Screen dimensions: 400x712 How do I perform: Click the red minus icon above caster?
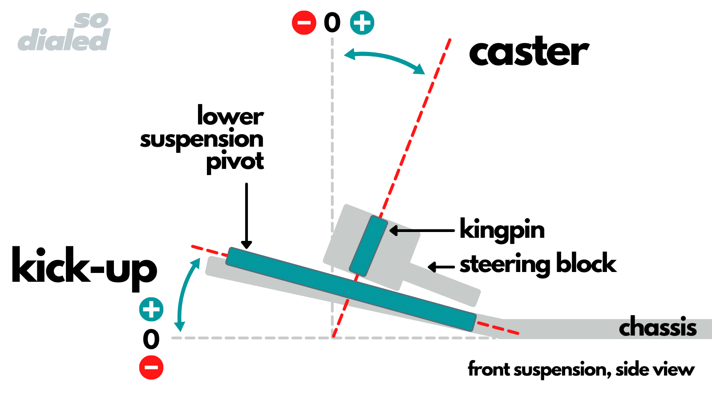(304, 23)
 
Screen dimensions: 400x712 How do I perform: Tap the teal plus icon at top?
(362, 23)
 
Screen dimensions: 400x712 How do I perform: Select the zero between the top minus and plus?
(332, 23)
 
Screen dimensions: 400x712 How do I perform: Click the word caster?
(529, 52)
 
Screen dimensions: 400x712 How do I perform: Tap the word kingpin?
(502, 230)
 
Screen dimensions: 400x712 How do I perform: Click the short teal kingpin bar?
(368, 246)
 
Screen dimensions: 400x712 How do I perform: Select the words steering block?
(538, 264)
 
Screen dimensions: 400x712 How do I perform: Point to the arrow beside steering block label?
(441, 267)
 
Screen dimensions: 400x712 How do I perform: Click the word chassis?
(658, 328)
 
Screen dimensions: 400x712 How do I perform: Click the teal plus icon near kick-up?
(151, 309)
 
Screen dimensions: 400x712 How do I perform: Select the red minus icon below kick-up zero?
(151, 368)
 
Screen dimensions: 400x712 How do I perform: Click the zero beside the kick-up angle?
(151, 340)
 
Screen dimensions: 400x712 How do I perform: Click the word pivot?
(235, 161)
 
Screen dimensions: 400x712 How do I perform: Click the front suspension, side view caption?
(581, 369)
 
